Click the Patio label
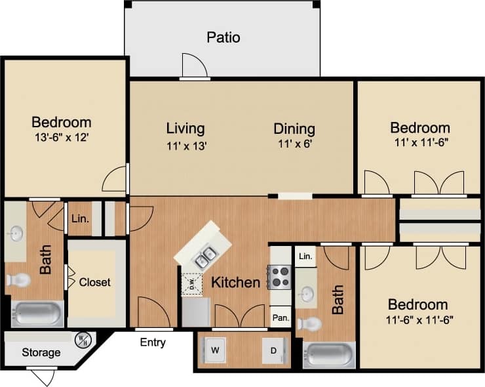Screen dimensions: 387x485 [x=223, y=37]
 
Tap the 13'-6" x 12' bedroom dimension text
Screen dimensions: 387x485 [x=61, y=138]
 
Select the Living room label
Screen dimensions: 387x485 [x=185, y=129]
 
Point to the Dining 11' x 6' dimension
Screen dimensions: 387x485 [x=294, y=145]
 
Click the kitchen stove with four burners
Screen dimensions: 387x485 [x=280, y=277]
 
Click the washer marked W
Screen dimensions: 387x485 [x=215, y=350]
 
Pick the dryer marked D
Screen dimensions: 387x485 [x=272, y=350]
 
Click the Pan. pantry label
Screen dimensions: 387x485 [x=280, y=317]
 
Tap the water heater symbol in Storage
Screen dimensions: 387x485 [x=83, y=340]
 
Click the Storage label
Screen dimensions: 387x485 [x=41, y=353]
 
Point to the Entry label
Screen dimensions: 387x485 [x=153, y=342]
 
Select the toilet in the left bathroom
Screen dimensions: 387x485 [x=18, y=281]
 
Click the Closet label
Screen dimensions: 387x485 [x=95, y=283]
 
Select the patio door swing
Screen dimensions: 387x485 [x=195, y=66]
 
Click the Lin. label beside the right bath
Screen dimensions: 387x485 [x=305, y=256]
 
